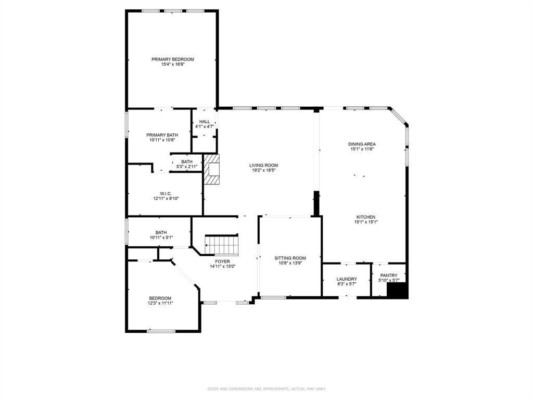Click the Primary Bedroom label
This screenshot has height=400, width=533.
(172, 59)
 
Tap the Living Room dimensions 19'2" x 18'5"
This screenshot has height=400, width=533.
(263, 170)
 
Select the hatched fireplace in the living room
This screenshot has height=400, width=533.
(212, 169)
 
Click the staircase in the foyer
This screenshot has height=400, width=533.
(222, 244)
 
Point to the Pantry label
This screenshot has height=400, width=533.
(389, 276)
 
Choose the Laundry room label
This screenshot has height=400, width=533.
(347, 279)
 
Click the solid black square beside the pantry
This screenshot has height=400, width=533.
(398, 290)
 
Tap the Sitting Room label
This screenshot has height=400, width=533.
(290, 258)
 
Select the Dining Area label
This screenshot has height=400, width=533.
(362, 144)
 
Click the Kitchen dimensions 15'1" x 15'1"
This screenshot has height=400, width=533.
(365, 222)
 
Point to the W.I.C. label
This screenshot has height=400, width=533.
(166, 193)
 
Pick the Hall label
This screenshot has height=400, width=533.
(205, 122)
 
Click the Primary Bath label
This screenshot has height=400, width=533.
(161, 135)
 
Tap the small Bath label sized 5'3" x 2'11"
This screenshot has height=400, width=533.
(186, 162)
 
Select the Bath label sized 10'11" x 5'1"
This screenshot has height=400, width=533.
(161, 233)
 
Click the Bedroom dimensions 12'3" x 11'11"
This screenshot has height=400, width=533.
(160, 303)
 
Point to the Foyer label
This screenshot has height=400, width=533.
(223, 261)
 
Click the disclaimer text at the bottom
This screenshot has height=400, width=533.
(266, 389)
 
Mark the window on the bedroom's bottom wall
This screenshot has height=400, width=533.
(161, 331)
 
